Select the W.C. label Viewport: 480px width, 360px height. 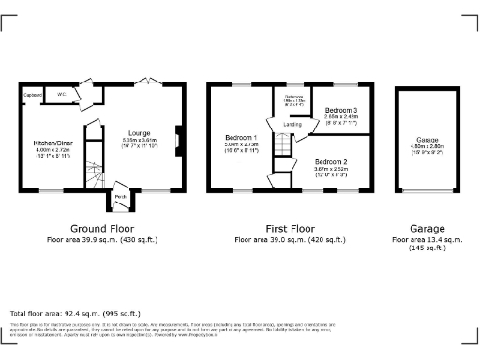[x=60, y=95]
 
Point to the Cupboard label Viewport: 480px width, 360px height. [x=32, y=95]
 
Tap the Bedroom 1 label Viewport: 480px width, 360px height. [x=240, y=139]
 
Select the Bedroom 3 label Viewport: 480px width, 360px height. [x=341, y=111]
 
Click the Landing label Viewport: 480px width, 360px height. [x=292, y=124]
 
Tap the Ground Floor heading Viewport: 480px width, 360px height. [x=102, y=228]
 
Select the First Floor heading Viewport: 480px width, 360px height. [x=288, y=228]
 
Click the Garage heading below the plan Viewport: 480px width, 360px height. [x=427, y=228]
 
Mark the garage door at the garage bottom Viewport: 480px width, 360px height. [x=427, y=193]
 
